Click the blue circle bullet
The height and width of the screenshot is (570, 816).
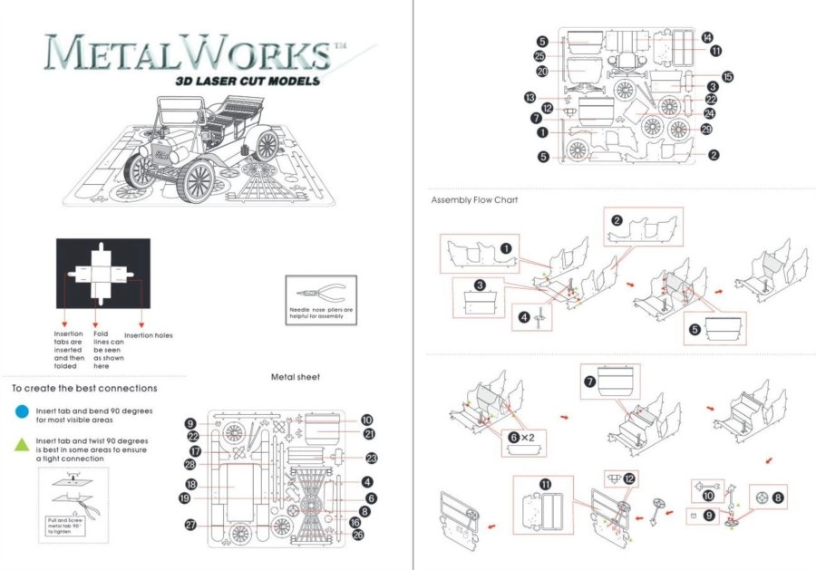tap(21, 412)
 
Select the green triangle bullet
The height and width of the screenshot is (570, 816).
tap(21, 445)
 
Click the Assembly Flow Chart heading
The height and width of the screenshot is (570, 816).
tap(474, 199)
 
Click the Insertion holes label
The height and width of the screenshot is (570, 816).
tap(148, 335)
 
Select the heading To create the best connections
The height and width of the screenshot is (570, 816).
tap(84, 388)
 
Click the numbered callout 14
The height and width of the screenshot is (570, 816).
tap(706, 38)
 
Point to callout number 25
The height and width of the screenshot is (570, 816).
tap(539, 56)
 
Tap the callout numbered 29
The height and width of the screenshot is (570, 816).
tap(706, 130)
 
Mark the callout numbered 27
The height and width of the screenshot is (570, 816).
tap(191, 525)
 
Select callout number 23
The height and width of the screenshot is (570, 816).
tap(371, 459)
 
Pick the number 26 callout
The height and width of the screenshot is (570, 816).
tap(357, 535)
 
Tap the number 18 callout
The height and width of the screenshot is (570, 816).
tap(191, 484)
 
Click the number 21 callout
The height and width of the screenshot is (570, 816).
tap(369, 434)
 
